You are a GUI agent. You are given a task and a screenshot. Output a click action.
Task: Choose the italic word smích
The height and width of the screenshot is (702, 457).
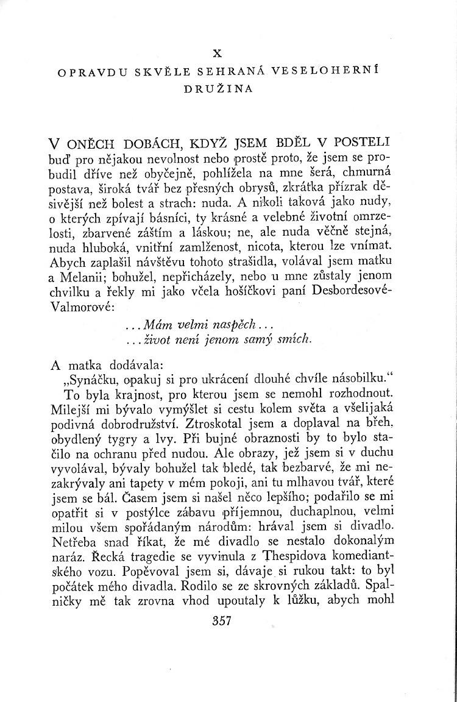pos(294,339)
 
